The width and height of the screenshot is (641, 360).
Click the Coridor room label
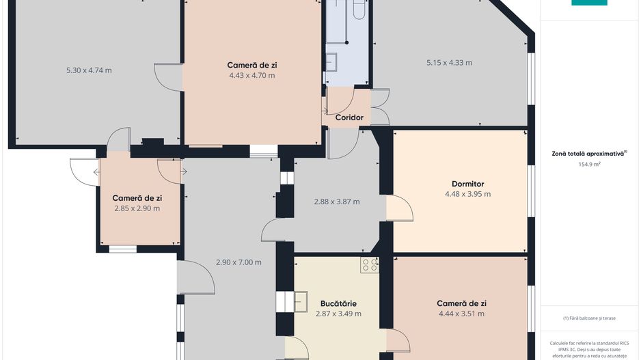(x=349, y=117)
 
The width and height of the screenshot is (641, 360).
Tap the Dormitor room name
(x=467, y=184)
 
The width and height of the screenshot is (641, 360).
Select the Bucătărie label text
(x=338, y=303)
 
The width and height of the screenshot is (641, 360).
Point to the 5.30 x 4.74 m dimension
(x=89, y=70)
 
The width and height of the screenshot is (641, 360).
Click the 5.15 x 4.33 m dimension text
(x=449, y=63)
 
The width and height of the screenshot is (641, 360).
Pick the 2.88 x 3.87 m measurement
(x=336, y=202)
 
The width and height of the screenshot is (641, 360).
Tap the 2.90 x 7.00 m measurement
(x=238, y=262)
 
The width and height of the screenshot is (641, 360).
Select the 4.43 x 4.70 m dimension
(x=252, y=76)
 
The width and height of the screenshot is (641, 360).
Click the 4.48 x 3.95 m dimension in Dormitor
(x=467, y=194)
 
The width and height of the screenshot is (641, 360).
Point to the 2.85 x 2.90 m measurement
(x=137, y=208)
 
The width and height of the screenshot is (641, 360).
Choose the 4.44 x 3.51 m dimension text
(x=461, y=314)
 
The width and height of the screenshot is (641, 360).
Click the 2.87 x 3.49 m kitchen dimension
(x=338, y=314)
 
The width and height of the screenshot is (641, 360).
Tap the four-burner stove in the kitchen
(x=370, y=265)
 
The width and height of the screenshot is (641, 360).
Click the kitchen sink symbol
(x=299, y=301)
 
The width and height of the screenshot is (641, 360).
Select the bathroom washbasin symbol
(x=331, y=63)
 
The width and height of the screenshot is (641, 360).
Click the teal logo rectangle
(x=589, y=3)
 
